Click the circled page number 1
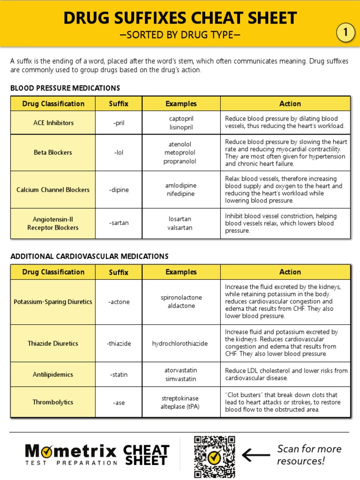pyautogui.click(x=346, y=33)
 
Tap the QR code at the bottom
pyautogui.click(x=215, y=457)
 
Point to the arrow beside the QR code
pyautogui.click(x=256, y=455)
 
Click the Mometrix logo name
pyautogui.click(x=71, y=451)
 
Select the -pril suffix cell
pyautogui.click(x=119, y=123)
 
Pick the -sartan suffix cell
pyautogui.click(x=119, y=223)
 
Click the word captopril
pyautogui.click(x=181, y=119)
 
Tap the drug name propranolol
pyautogui.click(x=180, y=161)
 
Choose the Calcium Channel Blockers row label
pyautogui.click(x=53, y=190)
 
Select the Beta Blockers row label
pyautogui.click(x=53, y=152)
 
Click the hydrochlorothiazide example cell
pyautogui.click(x=180, y=344)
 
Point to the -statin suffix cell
pyautogui.click(x=119, y=375)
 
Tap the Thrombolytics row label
pyautogui.click(x=53, y=402)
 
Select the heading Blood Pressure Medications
pyautogui.click(x=65, y=88)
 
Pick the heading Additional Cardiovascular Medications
pyautogui.click(x=90, y=256)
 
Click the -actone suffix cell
pyautogui.click(x=119, y=302)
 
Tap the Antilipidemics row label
pyautogui.click(x=53, y=375)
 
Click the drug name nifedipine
pyautogui.click(x=180, y=194)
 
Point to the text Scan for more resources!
pyautogui.click(x=309, y=455)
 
